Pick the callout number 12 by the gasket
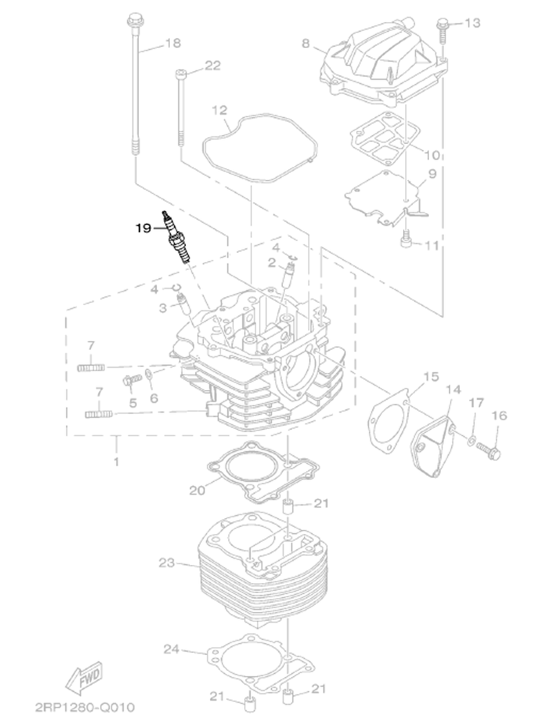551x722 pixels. (219, 110)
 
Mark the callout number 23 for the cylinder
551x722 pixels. (167, 563)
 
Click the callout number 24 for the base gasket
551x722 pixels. (172, 648)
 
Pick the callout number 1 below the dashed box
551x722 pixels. (116, 461)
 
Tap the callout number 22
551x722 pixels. (212, 65)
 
